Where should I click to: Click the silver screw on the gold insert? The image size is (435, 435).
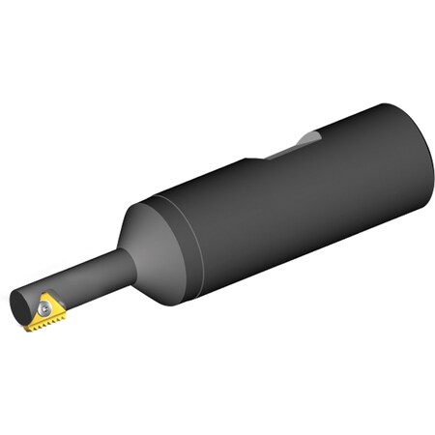coord(43,308)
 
